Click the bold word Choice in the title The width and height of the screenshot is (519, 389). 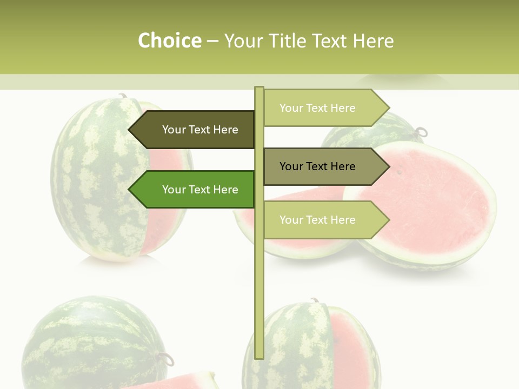pos(169,41)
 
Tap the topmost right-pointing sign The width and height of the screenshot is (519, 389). pos(322,108)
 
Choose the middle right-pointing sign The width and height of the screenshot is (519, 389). pos(322,166)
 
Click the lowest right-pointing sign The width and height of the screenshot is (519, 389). pos(322,220)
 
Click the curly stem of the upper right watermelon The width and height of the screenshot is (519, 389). pos(421,131)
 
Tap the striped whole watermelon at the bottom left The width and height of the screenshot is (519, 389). pos(92,340)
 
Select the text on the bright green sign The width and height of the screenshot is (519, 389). pos(200,190)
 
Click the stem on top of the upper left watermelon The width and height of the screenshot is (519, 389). pos(123,96)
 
